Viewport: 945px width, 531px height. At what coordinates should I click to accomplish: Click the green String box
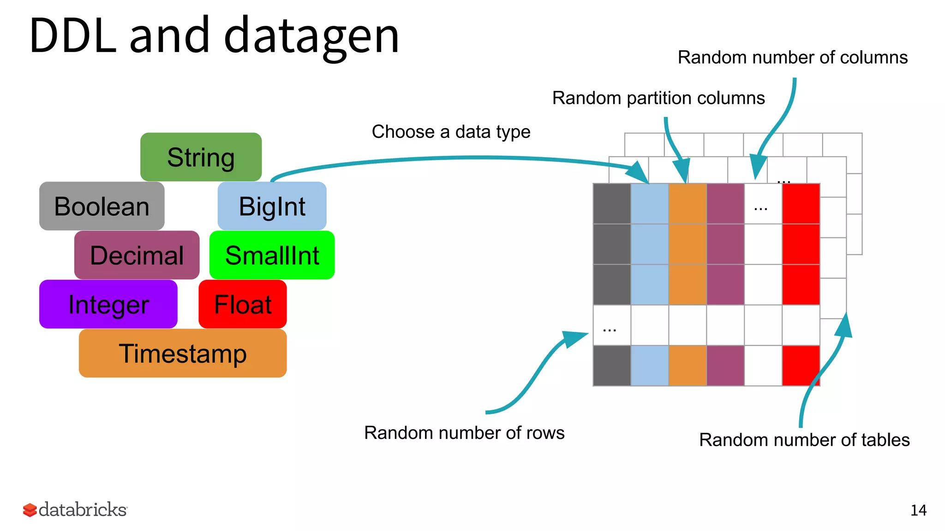pos(201,157)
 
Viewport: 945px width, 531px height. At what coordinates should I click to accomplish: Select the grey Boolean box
pos(102,206)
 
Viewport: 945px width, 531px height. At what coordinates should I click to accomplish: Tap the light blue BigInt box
pos(272,206)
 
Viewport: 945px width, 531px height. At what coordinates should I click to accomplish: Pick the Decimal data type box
pos(137,255)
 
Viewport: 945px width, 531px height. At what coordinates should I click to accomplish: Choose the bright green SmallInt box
pos(272,255)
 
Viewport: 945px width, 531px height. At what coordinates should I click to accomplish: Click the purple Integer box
pos(108,304)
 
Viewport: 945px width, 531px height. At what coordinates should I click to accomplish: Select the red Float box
pos(243,304)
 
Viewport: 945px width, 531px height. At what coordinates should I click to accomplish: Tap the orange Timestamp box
pos(183,354)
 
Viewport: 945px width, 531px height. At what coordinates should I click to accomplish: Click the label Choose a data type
pos(451,132)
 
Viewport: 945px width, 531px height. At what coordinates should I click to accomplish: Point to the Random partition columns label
pos(658,98)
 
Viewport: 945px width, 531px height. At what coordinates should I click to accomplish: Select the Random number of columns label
pos(792,58)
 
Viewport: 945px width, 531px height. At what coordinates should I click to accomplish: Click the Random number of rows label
pos(464,433)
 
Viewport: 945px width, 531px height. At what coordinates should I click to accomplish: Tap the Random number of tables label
pos(804,440)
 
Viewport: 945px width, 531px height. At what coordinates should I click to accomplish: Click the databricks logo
pos(75,510)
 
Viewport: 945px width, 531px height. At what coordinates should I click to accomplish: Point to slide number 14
pos(918,510)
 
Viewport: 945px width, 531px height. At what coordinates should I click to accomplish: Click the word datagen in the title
pos(311,36)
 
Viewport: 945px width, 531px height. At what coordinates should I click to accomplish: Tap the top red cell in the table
pos(801,204)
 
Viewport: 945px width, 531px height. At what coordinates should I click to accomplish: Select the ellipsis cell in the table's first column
pos(611,325)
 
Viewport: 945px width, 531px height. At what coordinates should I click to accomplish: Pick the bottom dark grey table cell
pos(612,366)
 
